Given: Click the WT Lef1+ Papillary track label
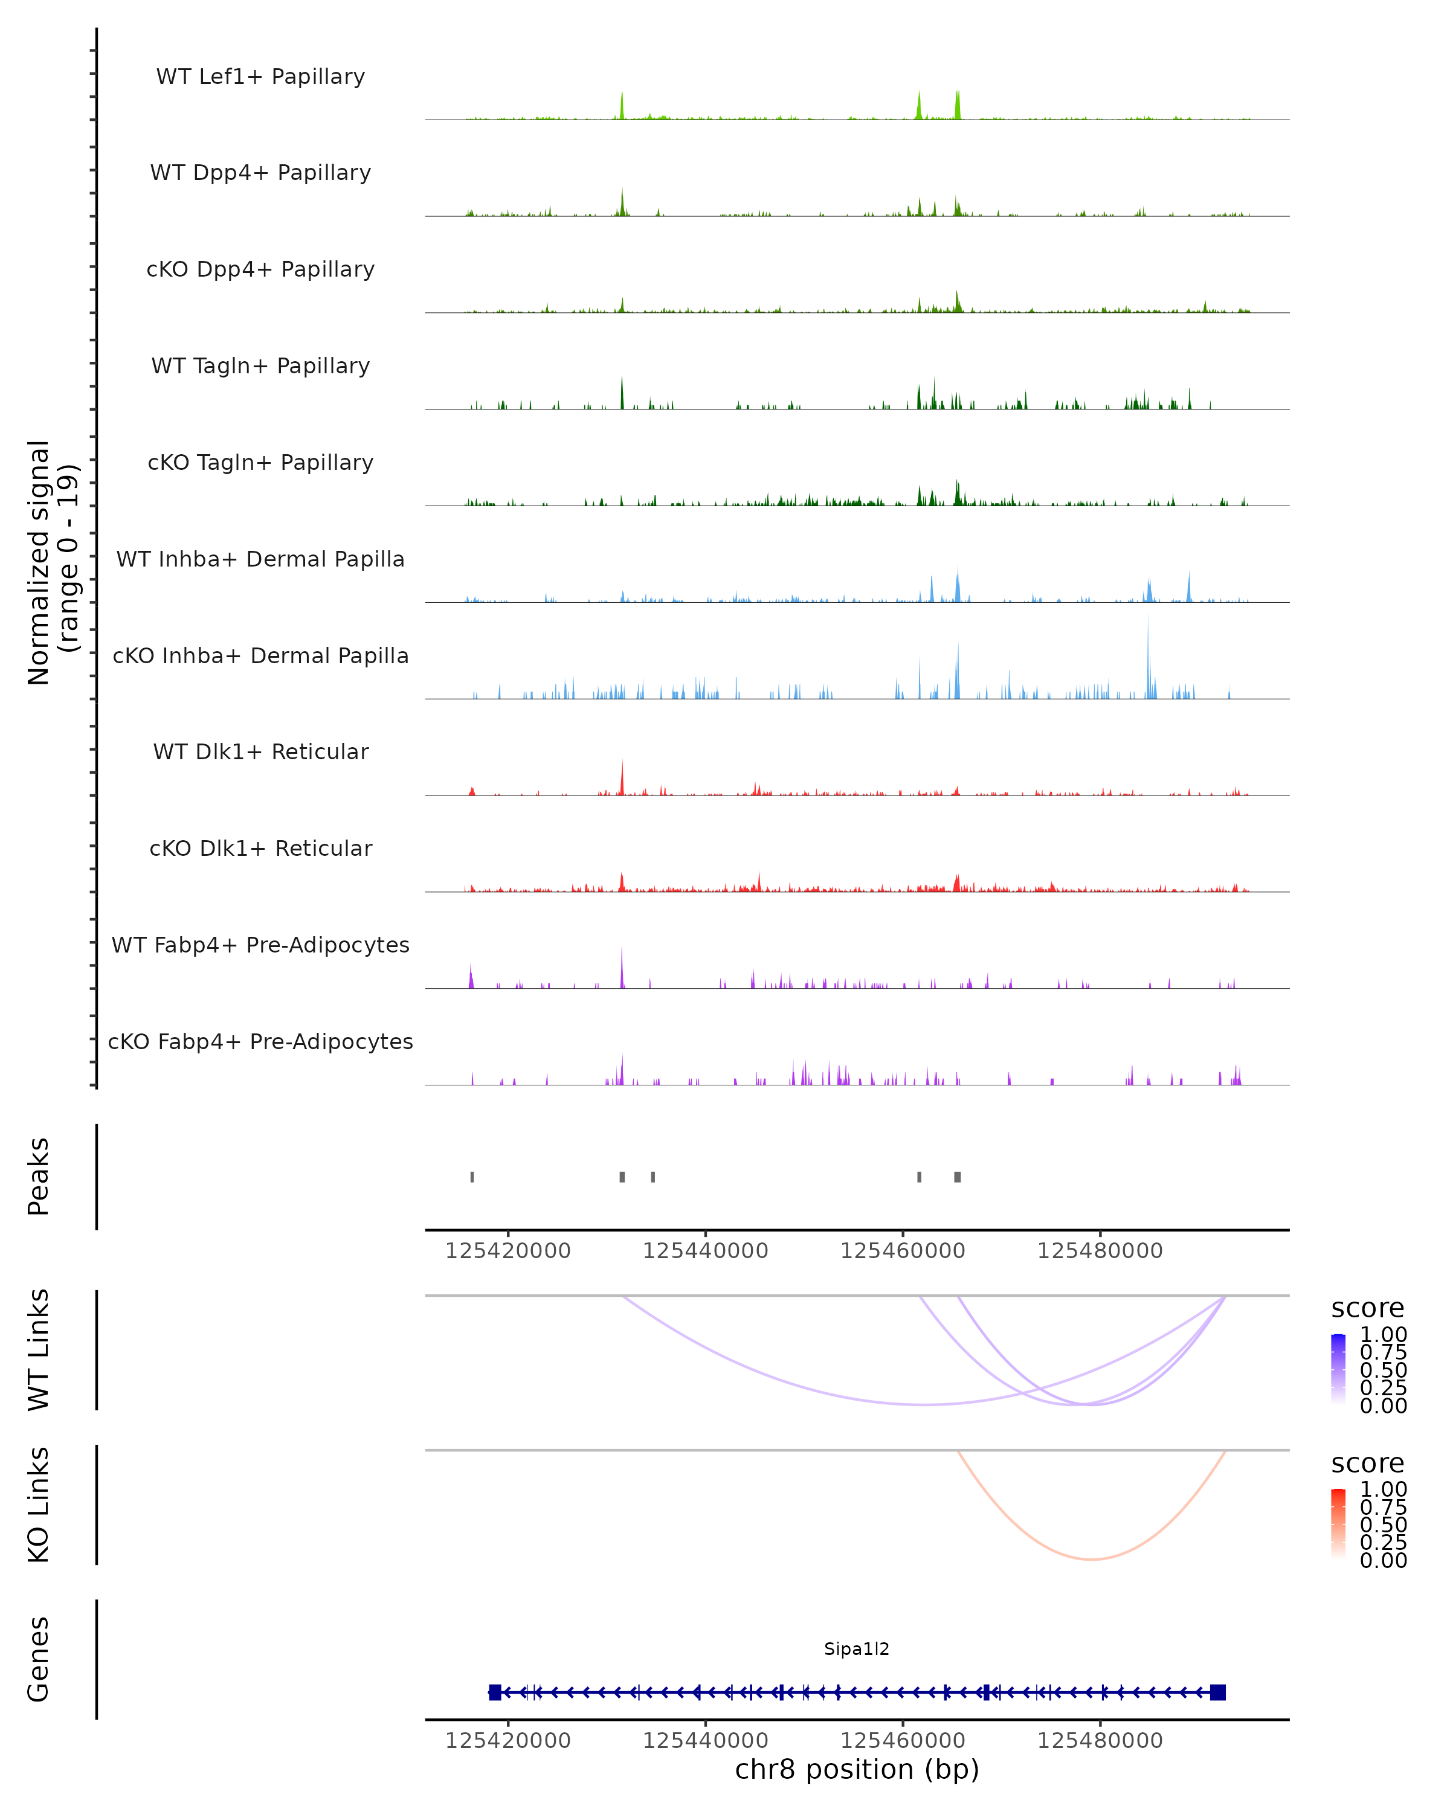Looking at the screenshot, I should (260, 77).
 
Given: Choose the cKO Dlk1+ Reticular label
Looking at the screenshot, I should (260, 848).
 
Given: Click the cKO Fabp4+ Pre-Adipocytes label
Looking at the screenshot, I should (260, 1041).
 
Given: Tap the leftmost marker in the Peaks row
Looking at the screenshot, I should (472, 1177).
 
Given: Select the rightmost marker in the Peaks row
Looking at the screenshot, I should (958, 1177).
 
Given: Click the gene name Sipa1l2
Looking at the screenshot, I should (857, 1648).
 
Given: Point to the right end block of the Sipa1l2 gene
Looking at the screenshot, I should (1217, 1692).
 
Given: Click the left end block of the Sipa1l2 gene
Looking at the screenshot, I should (495, 1692).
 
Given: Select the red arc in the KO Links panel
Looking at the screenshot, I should (1091, 1559).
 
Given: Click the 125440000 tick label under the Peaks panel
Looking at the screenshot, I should (705, 1251).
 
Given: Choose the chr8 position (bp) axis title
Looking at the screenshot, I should (857, 1769).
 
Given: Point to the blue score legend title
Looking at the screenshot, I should (1367, 1308).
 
